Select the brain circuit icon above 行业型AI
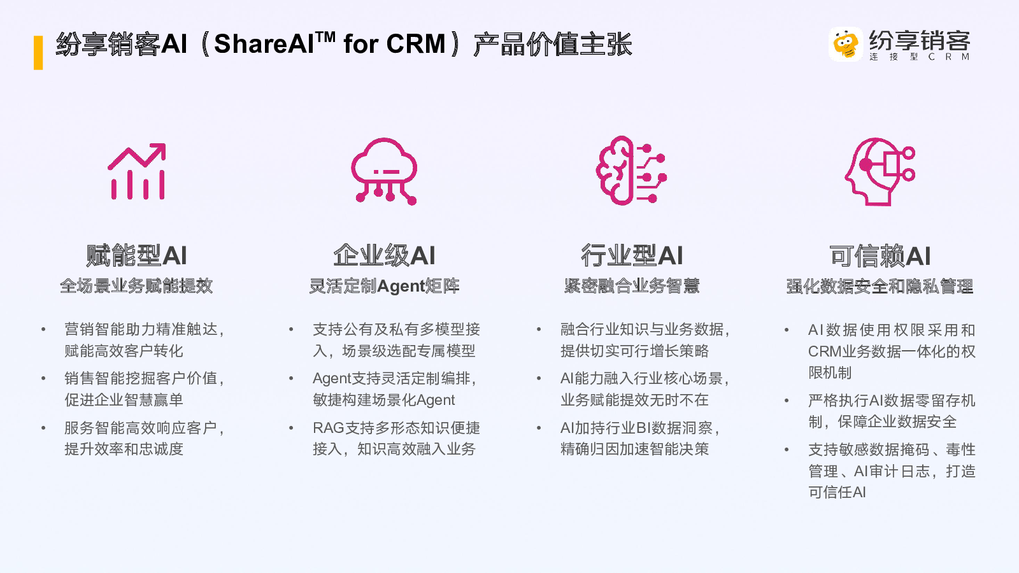pyautogui.click(x=631, y=171)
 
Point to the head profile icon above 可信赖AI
pyautogui.click(x=880, y=171)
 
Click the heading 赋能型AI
pyautogui.click(x=136, y=255)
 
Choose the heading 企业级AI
pyautogui.click(x=385, y=255)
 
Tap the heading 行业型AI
pyautogui.click(x=632, y=255)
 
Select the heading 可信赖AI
pyautogui.click(x=880, y=255)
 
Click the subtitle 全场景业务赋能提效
pyautogui.click(x=136, y=286)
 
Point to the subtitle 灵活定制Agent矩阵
pyautogui.click(x=385, y=286)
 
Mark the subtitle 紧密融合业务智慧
pyautogui.click(x=632, y=286)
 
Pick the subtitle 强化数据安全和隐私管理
pyautogui.click(x=880, y=286)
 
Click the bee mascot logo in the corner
pyautogui.click(x=846, y=44)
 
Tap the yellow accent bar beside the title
pyautogui.click(x=38, y=53)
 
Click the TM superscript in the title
pyautogui.click(x=325, y=36)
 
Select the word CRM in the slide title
pyautogui.click(x=416, y=44)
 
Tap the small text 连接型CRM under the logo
pyautogui.click(x=920, y=57)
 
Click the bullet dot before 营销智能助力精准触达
pyautogui.click(x=44, y=329)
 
